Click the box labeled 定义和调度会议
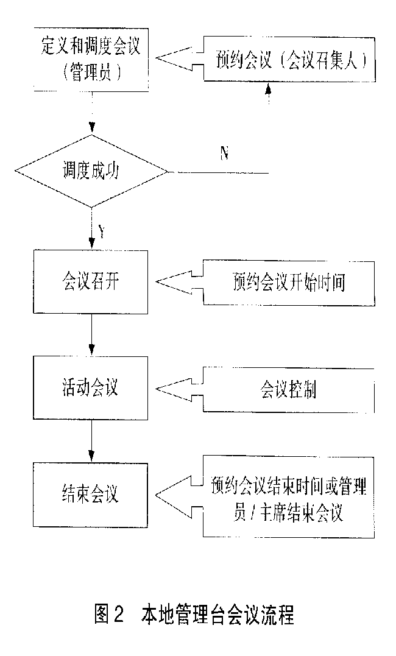[92, 60]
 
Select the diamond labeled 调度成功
[91, 172]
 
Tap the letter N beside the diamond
[224, 153]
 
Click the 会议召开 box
[91, 281]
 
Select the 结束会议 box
[91, 494]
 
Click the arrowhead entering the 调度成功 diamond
[91, 129]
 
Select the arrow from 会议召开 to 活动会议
[91, 334]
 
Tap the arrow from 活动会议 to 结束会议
[91, 442]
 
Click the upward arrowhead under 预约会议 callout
[267, 90]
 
